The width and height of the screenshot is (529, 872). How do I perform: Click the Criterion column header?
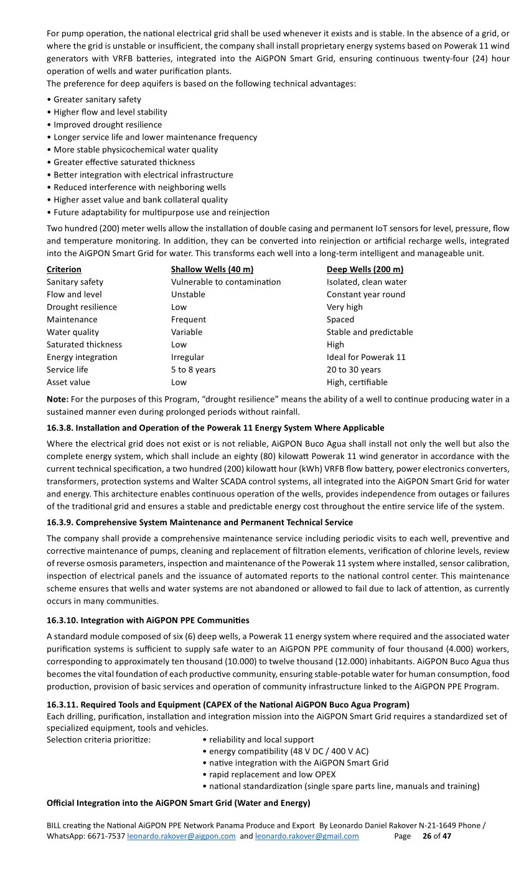[63, 269]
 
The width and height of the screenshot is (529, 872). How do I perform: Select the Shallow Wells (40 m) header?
[212, 269]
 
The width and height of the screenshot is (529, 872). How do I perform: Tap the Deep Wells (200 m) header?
[365, 269]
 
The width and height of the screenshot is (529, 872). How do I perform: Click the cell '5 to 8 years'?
[193, 369]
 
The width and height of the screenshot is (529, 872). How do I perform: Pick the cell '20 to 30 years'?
[353, 369]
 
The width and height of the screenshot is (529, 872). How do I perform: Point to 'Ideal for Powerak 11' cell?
[366, 357]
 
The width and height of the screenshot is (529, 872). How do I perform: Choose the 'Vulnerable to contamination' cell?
[226, 282]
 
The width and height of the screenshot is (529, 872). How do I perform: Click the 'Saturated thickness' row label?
[84, 344]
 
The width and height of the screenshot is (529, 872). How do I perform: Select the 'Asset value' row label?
[68, 382]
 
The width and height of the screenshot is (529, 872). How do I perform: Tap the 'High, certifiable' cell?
[357, 382]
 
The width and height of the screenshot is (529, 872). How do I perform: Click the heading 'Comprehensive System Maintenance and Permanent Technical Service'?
[214, 523]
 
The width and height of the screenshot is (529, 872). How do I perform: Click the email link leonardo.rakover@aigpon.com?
[181, 836]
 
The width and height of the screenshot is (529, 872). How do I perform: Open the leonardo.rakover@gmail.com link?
[307, 836]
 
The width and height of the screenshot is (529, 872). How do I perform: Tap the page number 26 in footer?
[427, 836]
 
